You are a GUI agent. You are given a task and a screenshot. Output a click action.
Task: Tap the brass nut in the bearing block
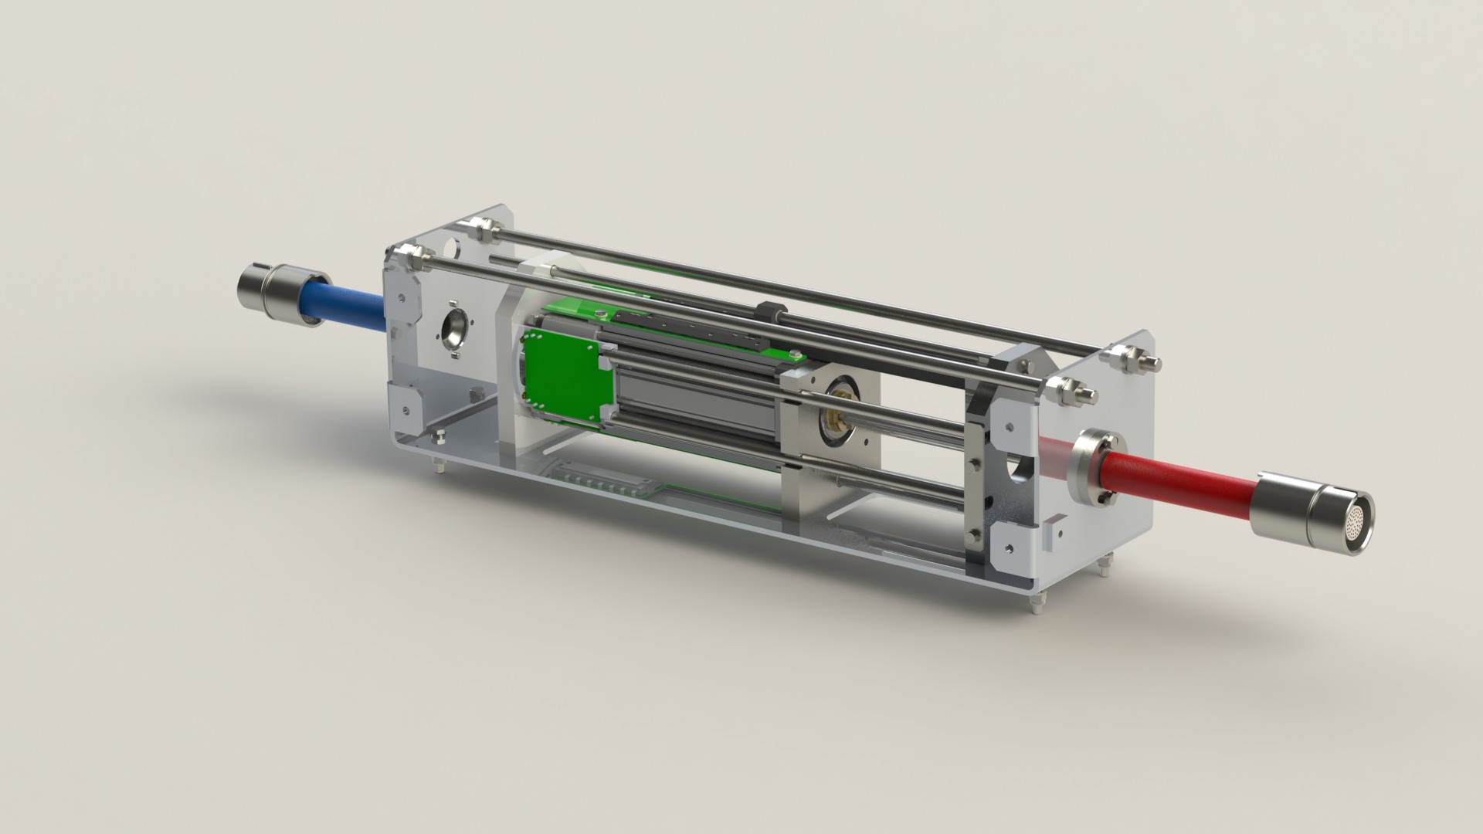click(836, 421)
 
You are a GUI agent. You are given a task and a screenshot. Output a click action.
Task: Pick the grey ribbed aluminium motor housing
click(695, 402)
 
